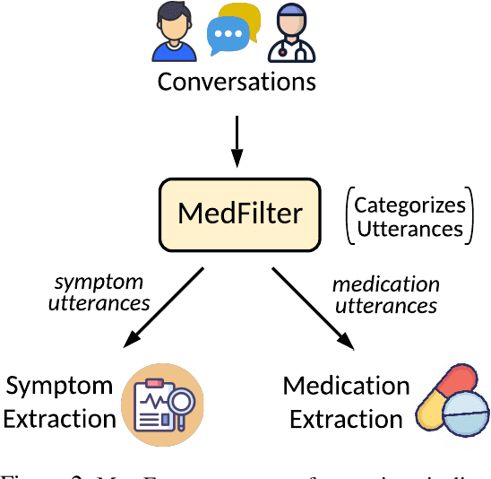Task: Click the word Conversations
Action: (237, 83)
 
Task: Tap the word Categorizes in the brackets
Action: (409, 204)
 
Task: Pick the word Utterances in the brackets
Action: (409, 228)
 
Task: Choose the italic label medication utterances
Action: (385, 295)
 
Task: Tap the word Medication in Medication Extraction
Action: (346, 387)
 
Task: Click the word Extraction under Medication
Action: (346, 419)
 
